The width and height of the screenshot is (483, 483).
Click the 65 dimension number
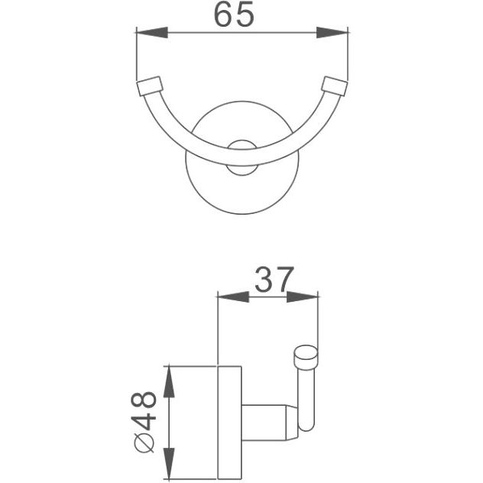[234, 15]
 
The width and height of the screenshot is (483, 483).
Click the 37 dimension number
[274, 280]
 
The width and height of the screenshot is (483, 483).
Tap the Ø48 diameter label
[144, 422]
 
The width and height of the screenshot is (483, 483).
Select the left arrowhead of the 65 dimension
[152, 32]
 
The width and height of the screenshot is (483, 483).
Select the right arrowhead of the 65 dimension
[332, 32]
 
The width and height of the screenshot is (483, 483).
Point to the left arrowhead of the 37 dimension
[234, 297]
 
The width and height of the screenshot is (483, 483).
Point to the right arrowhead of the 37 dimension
[302, 297]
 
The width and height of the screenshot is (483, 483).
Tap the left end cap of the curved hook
[149, 86]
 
